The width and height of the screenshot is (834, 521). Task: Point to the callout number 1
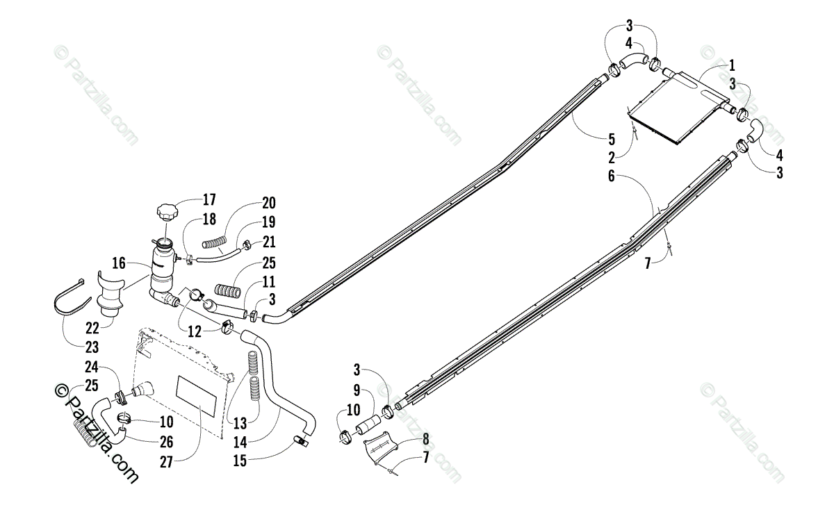click(x=731, y=66)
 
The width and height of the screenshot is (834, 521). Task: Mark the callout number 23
click(x=92, y=347)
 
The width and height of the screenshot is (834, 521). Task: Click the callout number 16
click(x=119, y=263)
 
